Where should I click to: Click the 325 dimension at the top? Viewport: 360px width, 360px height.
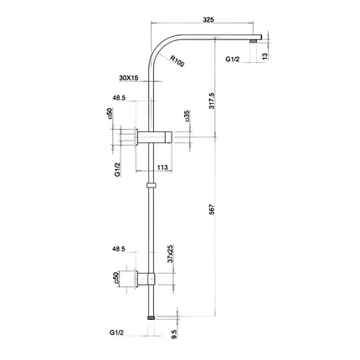coord(208,19)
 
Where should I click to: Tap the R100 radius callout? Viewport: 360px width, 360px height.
coord(177,61)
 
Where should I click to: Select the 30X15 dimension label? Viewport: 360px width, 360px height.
coord(129,78)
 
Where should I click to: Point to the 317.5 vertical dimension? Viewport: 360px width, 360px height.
coord(212,100)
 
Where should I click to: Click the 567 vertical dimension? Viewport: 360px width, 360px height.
coord(212,209)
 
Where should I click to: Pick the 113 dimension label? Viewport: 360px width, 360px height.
coord(162,167)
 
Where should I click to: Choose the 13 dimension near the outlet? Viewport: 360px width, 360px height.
coord(265,56)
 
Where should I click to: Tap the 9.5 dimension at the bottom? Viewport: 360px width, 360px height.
coord(174,334)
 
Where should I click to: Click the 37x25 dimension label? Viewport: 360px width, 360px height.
coord(171,254)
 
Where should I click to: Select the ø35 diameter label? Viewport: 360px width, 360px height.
coord(187,116)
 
